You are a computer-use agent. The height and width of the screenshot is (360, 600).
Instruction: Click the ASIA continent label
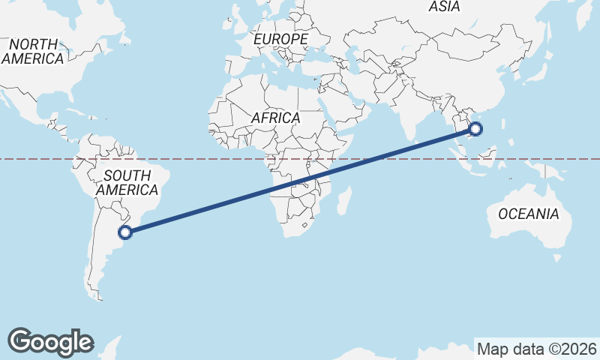pyautogui.click(x=444, y=7)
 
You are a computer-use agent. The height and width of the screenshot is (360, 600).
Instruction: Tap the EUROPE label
pyautogui.click(x=280, y=39)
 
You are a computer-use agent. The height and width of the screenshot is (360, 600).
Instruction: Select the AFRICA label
pyautogui.click(x=275, y=118)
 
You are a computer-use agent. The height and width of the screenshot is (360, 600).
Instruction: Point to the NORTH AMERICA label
pyautogui.click(x=32, y=52)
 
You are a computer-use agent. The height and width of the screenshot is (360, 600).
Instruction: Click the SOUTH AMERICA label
pyautogui.click(x=127, y=183)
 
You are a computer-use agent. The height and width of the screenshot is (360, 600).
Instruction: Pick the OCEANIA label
pyautogui.click(x=529, y=214)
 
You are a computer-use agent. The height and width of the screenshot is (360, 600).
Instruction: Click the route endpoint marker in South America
pyautogui.click(x=126, y=232)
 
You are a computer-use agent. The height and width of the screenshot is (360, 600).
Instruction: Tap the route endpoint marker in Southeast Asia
pyautogui.click(x=475, y=129)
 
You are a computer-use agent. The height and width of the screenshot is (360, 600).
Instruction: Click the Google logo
pyautogui.click(x=50, y=342)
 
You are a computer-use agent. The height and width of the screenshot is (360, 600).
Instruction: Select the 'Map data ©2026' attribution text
pyautogui.click(x=537, y=349)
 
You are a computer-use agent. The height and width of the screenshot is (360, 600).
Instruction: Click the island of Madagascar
pyautogui.click(x=344, y=200)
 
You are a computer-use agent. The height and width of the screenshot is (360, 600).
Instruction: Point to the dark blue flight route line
pyautogui.click(x=300, y=181)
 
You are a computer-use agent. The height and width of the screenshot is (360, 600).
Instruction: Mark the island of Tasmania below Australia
pyautogui.click(x=556, y=258)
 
